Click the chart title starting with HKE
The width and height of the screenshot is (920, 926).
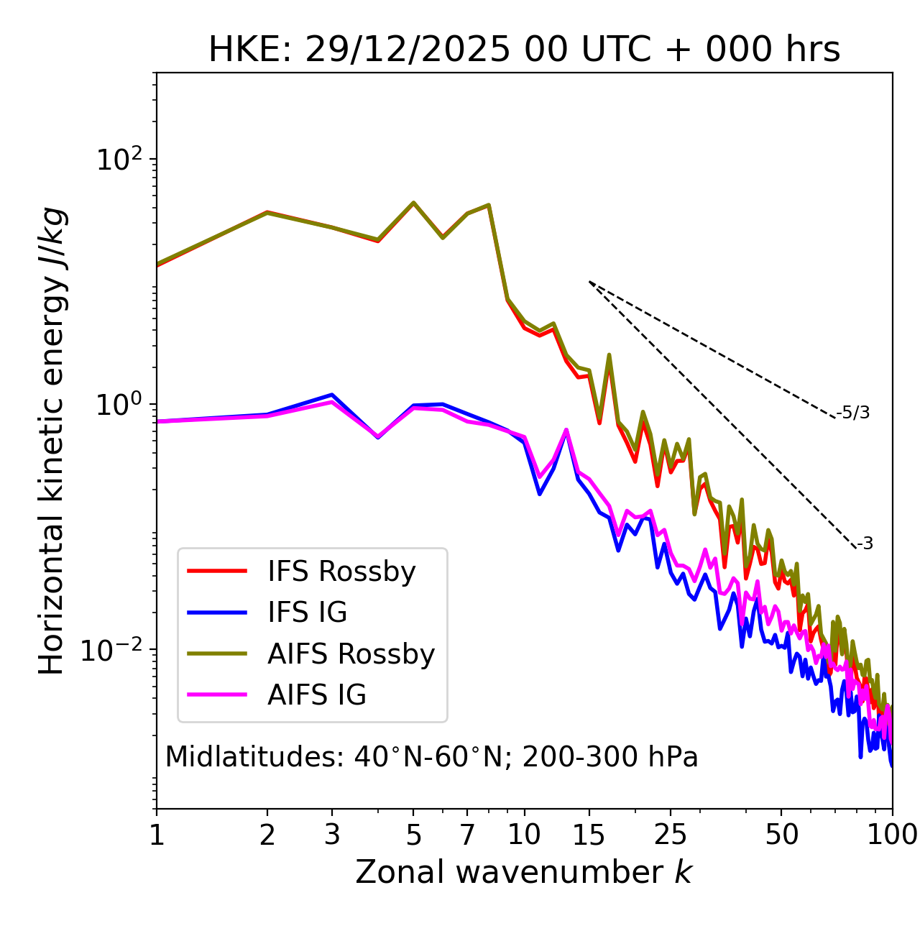(x=524, y=50)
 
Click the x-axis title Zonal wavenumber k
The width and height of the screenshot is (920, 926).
(x=524, y=872)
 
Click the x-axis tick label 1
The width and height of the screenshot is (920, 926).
(x=157, y=835)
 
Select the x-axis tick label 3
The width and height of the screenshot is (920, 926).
(x=331, y=835)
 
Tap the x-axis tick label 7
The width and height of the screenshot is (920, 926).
(x=467, y=835)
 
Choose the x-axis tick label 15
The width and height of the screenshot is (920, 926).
(x=589, y=835)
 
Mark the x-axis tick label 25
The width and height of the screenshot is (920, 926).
(x=670, y=835)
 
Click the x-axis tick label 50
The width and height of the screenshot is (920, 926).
(x=781, y=835)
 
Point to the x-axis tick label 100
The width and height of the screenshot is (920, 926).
(x=892, y=835)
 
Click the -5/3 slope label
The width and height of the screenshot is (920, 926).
(x=853, y=413)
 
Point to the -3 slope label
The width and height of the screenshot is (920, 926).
(x=865, y=544)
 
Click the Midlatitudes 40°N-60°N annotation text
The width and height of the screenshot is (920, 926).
(x=431, y=757)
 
